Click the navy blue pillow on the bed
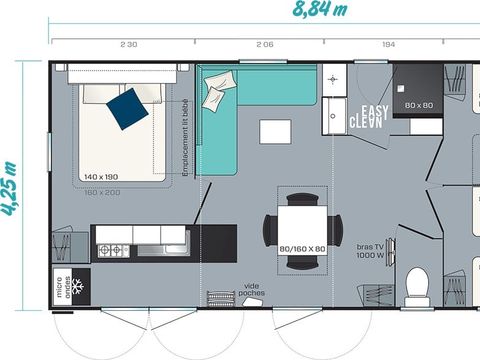coord(127,108)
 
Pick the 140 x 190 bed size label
coord(102,177)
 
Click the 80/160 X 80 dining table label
coord(302,249)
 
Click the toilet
coord(416,285)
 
